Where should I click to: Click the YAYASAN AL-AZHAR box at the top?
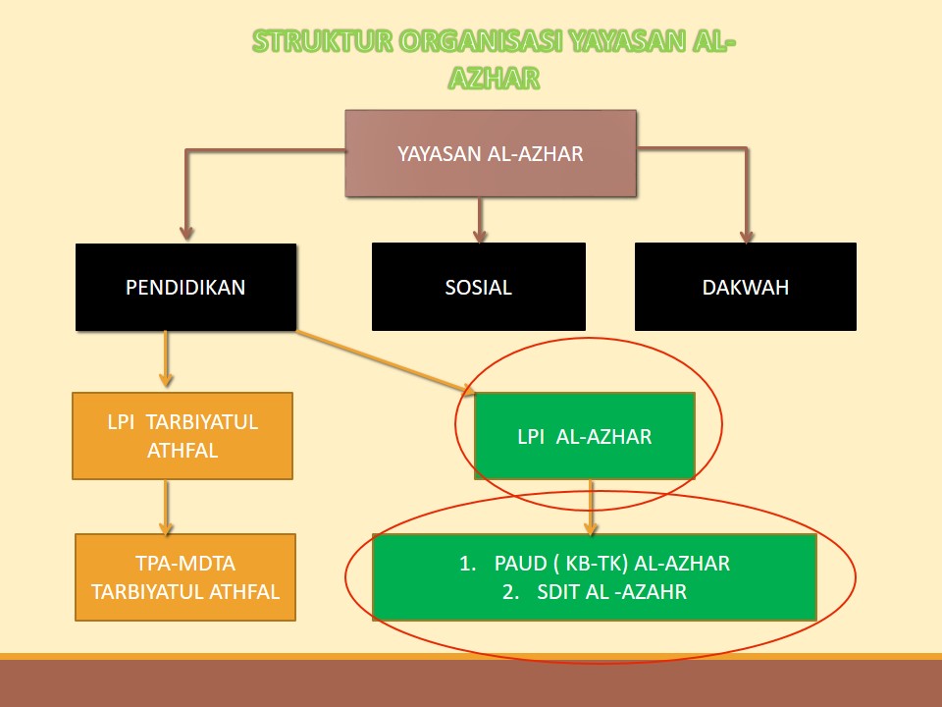click(491, 153)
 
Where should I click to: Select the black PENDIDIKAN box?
click(185, 287)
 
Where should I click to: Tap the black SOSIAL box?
click(478, 287)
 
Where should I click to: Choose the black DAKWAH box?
click(746, 287)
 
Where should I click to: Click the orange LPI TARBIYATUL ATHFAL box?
click(183, 436)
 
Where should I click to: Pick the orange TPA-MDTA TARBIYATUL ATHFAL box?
click(185, 577)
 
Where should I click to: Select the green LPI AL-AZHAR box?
click(585, 436)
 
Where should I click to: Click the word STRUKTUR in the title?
click(322, 41)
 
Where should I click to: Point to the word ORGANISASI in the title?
click(480, 41)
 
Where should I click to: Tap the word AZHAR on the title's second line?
click(494, 79)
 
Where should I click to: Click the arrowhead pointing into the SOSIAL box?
click(480, 235)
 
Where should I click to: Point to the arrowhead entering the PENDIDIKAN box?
click(186, 234)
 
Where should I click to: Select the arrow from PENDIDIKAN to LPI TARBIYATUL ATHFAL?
click(166, 359)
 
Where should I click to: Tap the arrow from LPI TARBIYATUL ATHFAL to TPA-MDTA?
click(166, 508)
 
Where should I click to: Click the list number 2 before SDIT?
click(510, 591)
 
